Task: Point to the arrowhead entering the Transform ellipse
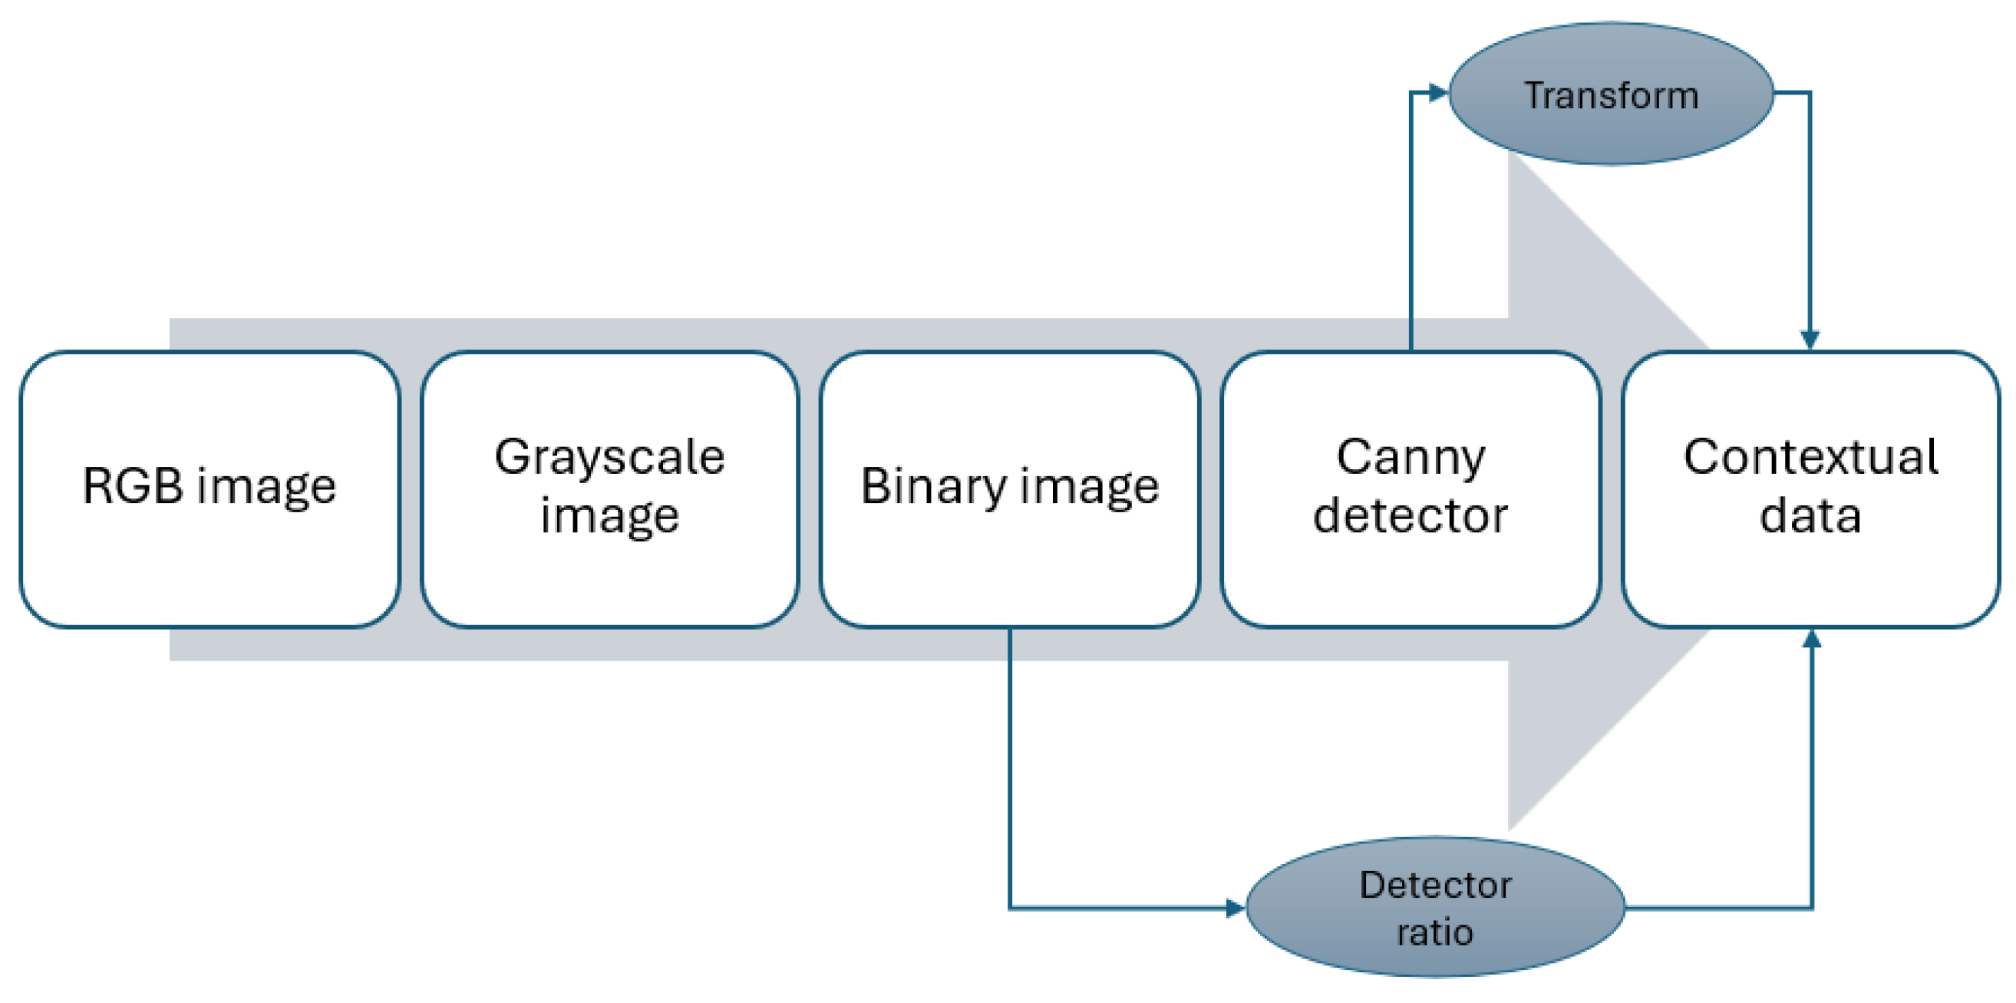(x=1437, y=93)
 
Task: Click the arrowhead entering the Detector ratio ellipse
(x=1235, y=909)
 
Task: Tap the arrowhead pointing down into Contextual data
(x=1810, y=339)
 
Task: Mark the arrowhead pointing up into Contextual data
(x=1812, y=640)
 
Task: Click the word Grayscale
(x=609, y=458)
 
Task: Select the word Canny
(x=1411, y=458)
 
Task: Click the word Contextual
(x=1810, y=458)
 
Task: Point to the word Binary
(x=932, y=487)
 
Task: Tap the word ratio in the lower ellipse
(x=1435, y=932)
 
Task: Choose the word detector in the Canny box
(x=1411, y=516)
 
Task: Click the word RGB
(x=133, y=487)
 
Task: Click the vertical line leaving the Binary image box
(x=1010, y=767)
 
